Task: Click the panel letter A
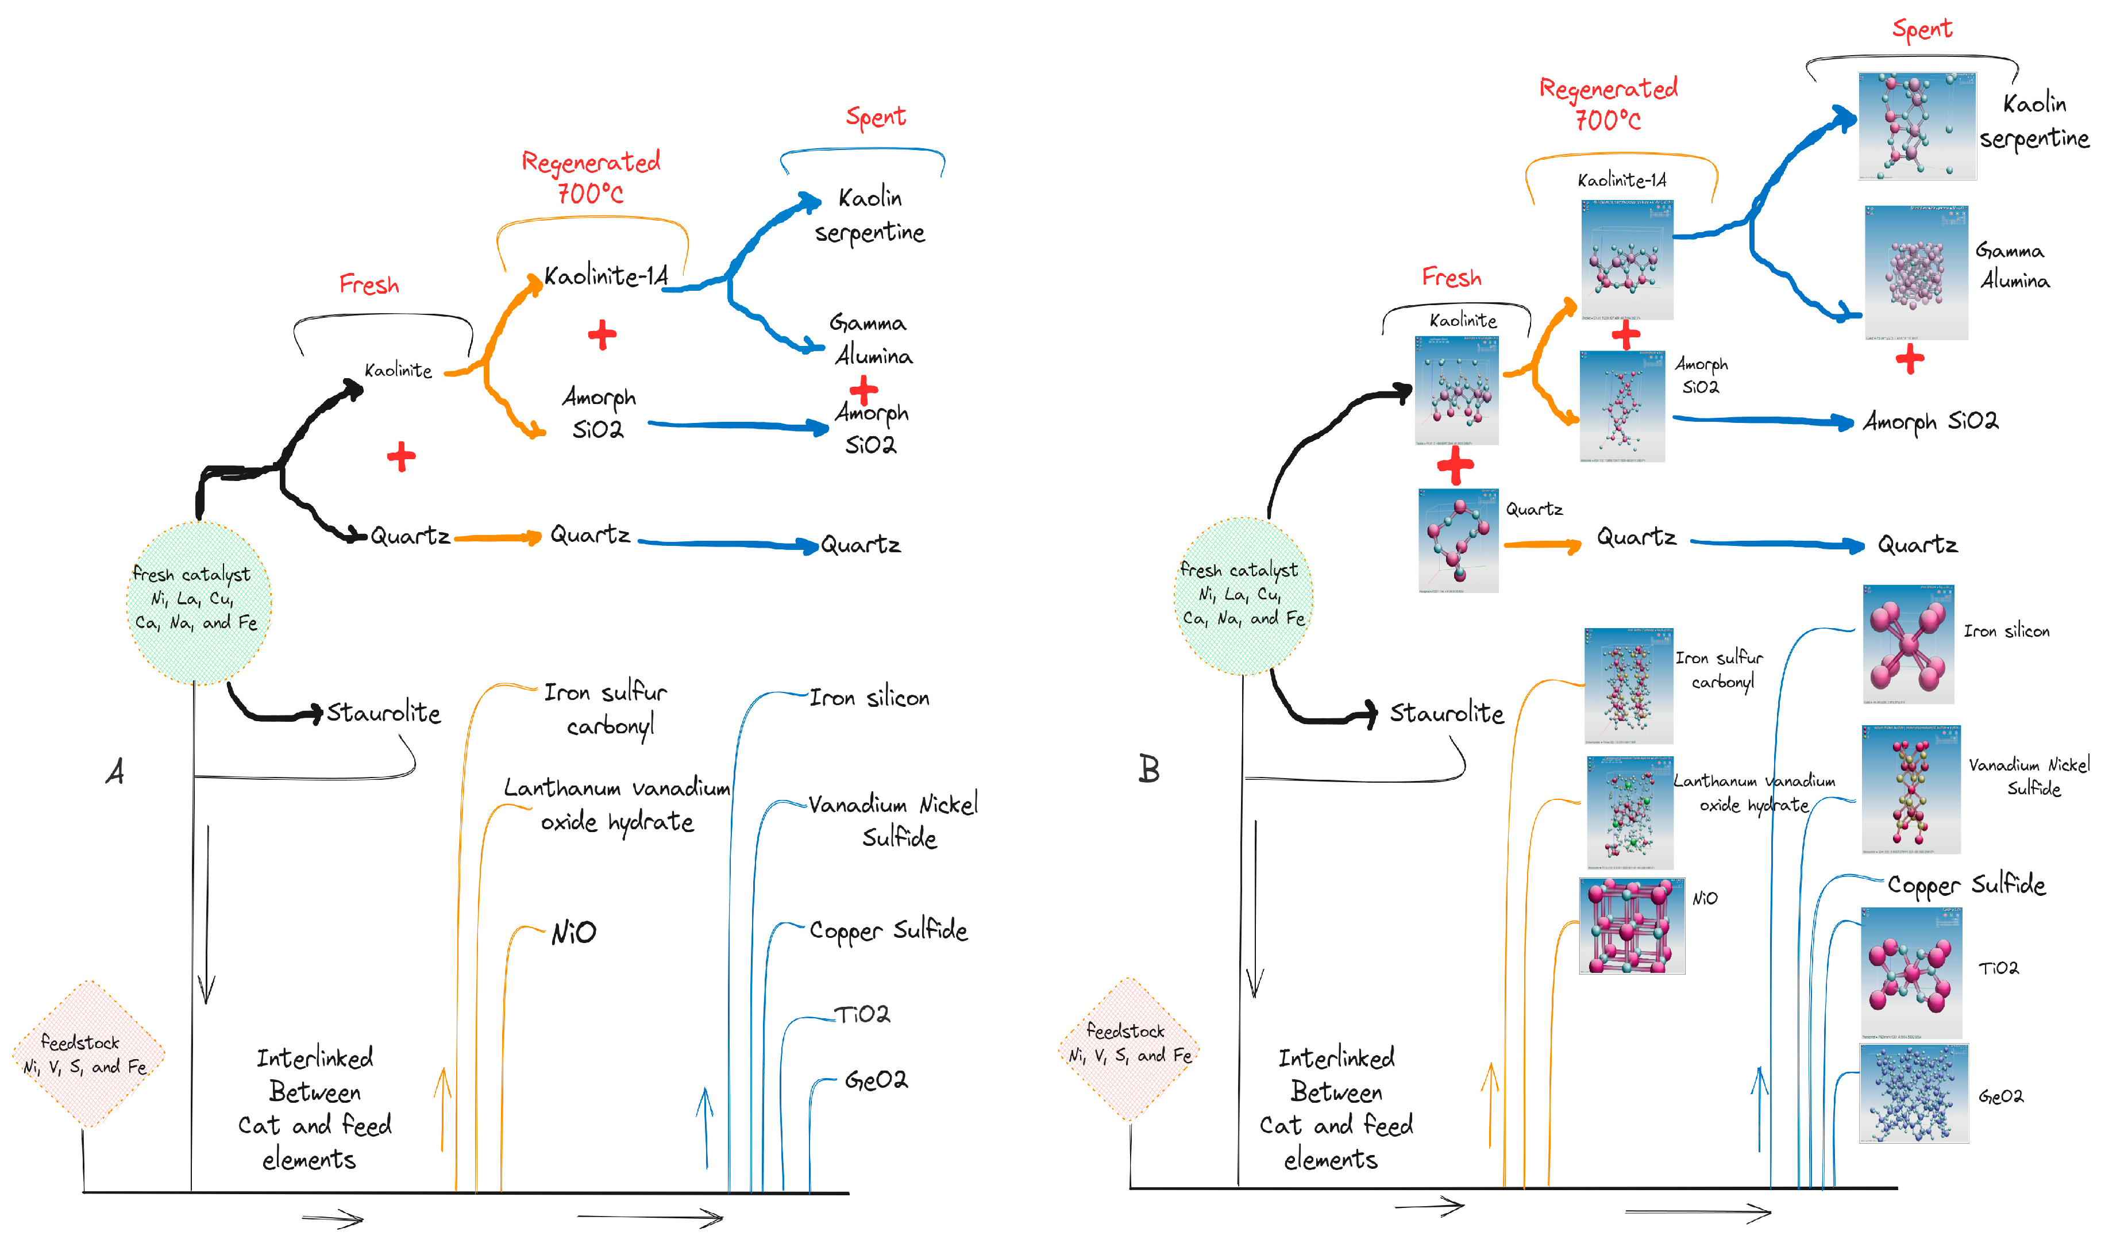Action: click(x=115, y=771)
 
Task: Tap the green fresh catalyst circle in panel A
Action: click(x=198, y=602)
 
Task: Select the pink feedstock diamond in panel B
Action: click(x=1129, y=1049)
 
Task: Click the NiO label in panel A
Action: click(x=573, y=932)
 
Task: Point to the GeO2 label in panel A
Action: click(x=875, y=1080)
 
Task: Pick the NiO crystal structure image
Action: click(x=1631, y=926)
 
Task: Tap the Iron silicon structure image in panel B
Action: click(x=1907, y=644)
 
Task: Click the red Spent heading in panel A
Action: click(x=875, y=117)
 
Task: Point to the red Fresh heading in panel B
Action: click(x=1451, y=277)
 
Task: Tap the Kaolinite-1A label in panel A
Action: click(x=606, y=276)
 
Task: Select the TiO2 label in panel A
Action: click(x=862, y=1014)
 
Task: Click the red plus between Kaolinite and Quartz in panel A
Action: click(x=401, y=456)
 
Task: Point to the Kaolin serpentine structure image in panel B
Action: click(x=1917, y=126)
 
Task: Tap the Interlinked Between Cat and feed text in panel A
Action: click(x=315, y=1107)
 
